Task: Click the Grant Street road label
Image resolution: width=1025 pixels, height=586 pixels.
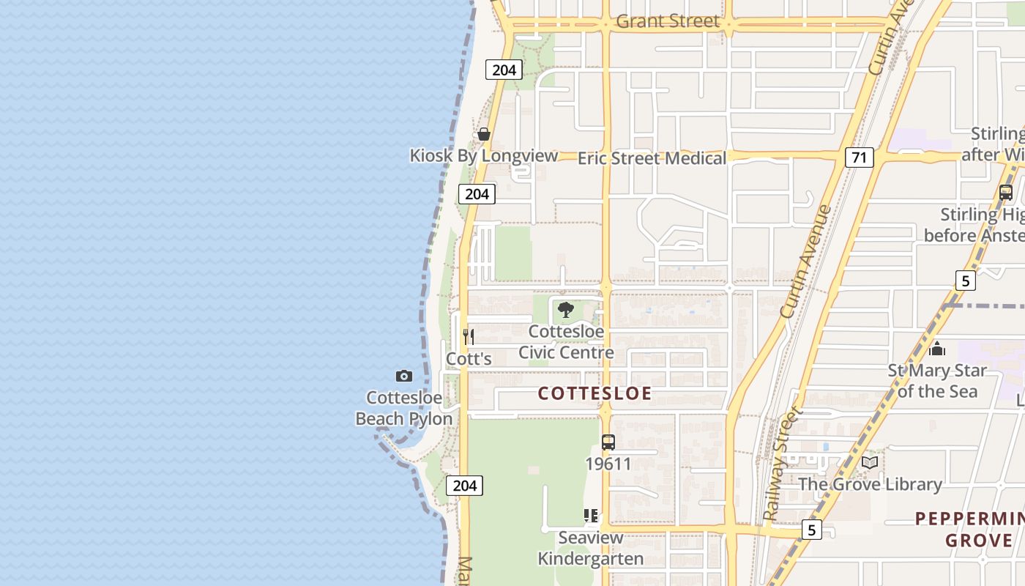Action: (668, 21)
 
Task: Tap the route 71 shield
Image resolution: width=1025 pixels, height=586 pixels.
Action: (860, 157)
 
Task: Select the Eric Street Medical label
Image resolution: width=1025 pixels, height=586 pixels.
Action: (652, 158)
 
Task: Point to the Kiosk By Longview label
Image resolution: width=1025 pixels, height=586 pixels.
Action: (483, 155)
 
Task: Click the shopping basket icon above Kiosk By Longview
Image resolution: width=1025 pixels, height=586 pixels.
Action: (483, 134)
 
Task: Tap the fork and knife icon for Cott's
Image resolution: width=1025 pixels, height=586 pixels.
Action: (469, 337)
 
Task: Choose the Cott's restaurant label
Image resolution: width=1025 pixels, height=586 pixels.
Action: (469, 359)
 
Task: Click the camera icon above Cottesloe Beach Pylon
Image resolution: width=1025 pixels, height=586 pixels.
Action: (403, 377)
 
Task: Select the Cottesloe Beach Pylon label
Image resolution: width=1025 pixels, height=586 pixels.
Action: (403, 409)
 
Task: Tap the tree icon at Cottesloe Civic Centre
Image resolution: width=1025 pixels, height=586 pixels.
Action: (565, 310)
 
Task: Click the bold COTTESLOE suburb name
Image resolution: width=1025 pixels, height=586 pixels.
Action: (594, 393)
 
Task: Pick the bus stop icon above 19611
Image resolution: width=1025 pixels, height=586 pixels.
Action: (608, 442)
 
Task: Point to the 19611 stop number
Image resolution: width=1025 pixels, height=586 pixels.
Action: (608, 464)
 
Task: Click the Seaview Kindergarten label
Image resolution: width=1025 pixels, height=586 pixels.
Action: (591, 548)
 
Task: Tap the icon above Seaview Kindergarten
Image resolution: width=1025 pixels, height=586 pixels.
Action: (591, 516)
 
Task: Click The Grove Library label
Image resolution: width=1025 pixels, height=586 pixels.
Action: (870, 484)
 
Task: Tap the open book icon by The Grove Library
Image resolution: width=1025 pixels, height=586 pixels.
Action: (870, 462)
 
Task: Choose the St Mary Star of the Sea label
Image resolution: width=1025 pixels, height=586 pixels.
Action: (937, 381)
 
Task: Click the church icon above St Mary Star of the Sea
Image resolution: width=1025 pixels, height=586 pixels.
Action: (937, 349)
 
